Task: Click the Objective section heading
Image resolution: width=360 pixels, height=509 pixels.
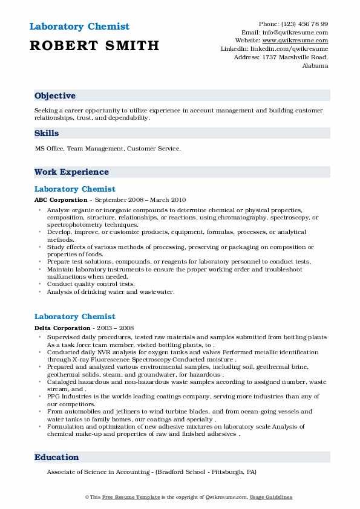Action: tap(55, 96)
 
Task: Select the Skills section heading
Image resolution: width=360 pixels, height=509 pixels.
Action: tap(47, 132)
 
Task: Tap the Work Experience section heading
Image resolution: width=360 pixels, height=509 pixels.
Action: tap(71, 172)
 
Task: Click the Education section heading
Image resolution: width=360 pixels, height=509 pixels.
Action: tap(56, 457)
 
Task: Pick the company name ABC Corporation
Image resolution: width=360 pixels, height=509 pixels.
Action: tap(61, 200)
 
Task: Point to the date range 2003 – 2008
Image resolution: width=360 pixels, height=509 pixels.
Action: tap(116, 327)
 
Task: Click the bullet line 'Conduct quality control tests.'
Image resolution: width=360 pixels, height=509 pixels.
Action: tap(91, 284)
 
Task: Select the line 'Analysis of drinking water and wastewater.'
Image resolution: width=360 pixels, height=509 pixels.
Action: tap(110, 291)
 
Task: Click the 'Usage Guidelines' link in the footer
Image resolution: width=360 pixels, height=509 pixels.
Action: tap(271, 497)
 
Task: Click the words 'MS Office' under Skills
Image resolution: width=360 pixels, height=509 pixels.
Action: tap(48, 148)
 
